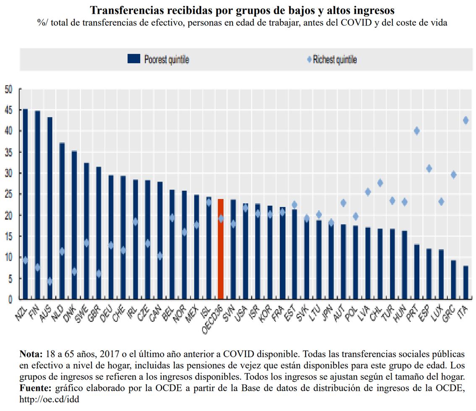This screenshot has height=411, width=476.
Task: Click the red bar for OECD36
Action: (x=221, y=250)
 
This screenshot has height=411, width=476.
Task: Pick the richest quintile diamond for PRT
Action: (x=417, y=131)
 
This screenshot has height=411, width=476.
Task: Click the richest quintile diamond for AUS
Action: (x=50, y=281)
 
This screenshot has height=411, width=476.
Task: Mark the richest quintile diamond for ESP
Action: (x=429, y=169)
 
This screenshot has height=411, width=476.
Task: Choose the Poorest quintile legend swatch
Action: (x=134, y=60)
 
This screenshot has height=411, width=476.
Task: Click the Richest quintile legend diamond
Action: (x=310, y=60)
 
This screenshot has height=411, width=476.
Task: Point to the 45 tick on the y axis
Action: (x=8, y=110)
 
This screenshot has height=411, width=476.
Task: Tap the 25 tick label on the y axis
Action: (x=8, y=194)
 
